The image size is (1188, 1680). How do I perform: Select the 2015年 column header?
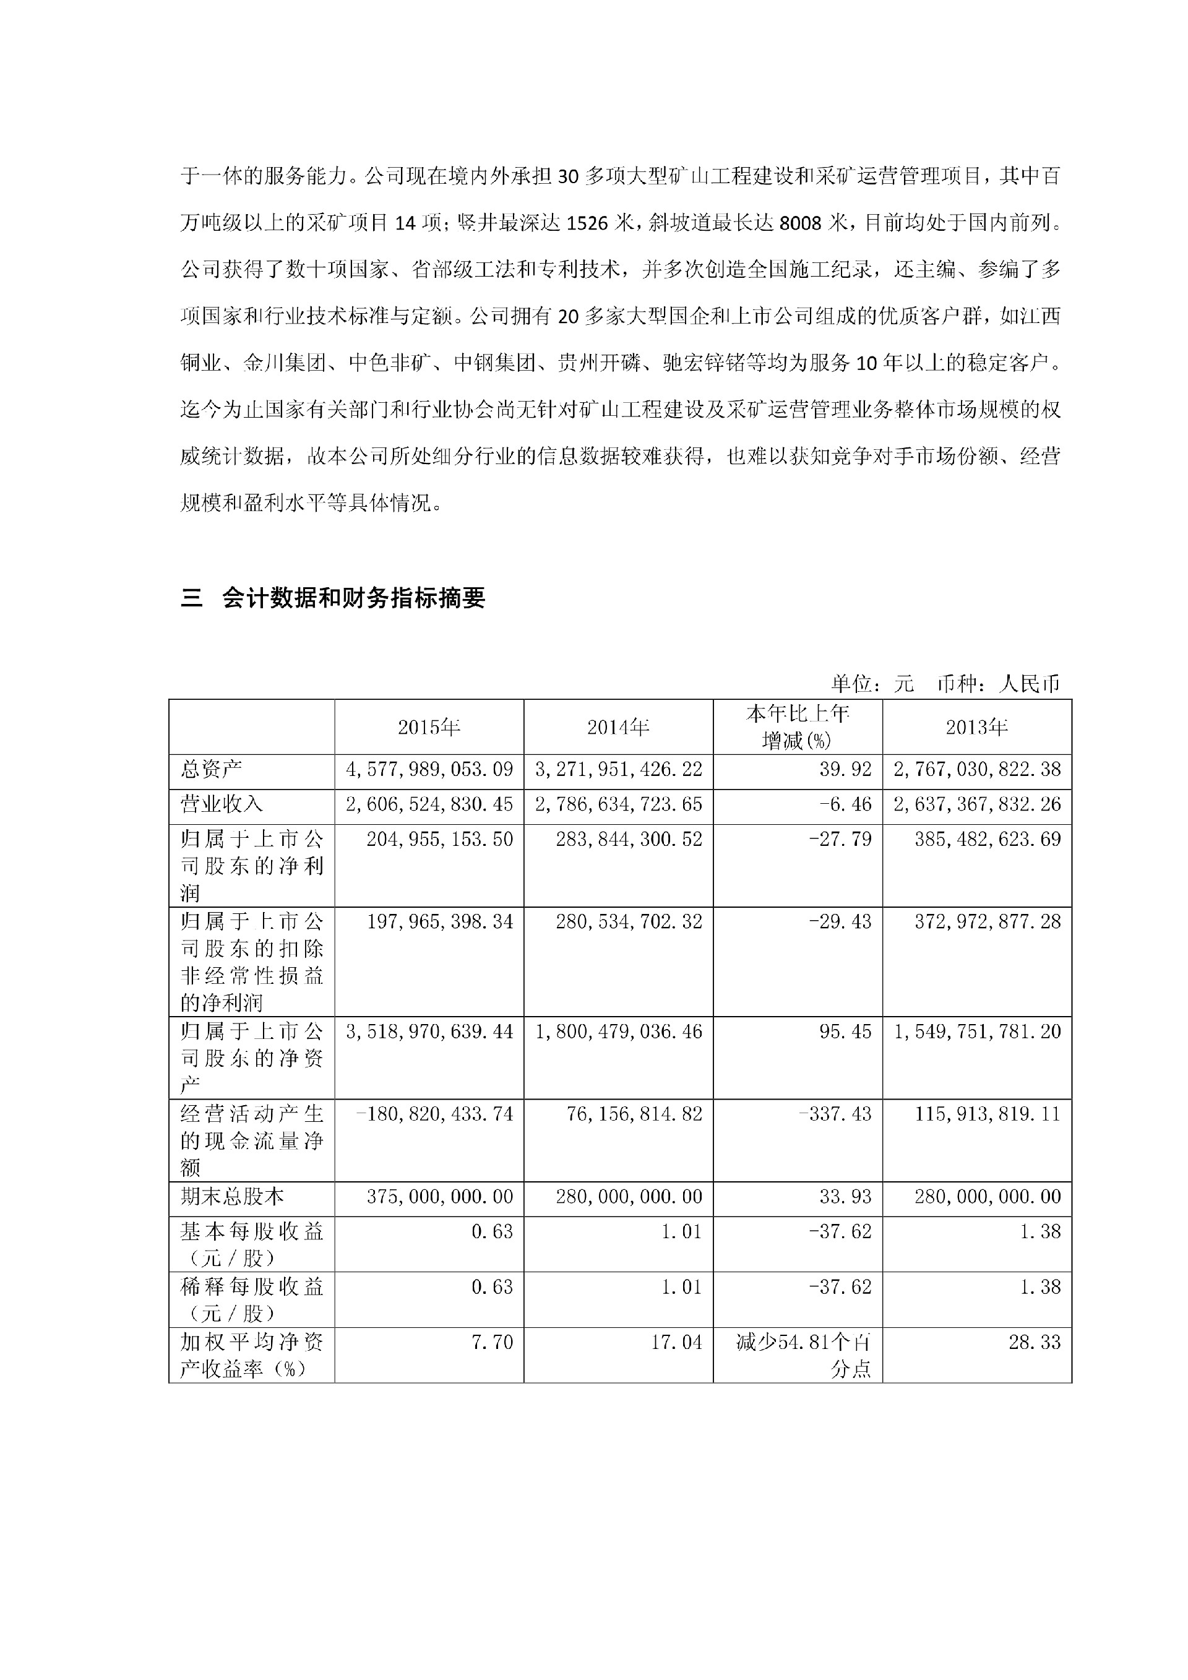pos(429,726)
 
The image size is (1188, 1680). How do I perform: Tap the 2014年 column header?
pos(618,726)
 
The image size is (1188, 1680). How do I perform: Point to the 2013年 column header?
pos(976,726)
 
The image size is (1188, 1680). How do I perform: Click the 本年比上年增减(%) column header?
pos(798,726)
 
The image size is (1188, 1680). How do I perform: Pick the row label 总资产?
pos(212,769)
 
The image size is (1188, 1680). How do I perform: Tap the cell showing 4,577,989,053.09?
pos(429,769)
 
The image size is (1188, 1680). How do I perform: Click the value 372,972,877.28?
pos(988,921)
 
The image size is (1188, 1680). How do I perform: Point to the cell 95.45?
pos(846,1031)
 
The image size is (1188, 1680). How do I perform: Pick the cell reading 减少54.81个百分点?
pos(803,1355)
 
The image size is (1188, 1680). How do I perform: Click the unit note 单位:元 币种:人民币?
pos(945,683)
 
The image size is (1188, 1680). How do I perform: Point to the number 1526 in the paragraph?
pos(587,223)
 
